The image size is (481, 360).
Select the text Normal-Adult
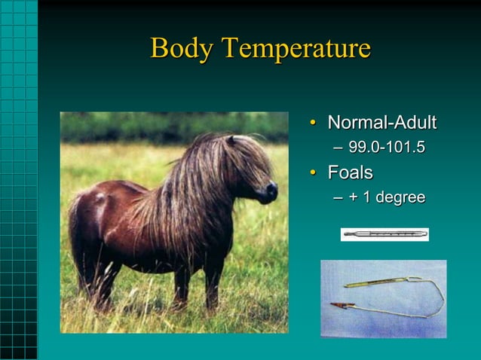pyautogui.click(x=381, y=123)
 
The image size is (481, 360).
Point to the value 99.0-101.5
pyautogui.click(x=387, y=148)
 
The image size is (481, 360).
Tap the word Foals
pyautogui.click(x=350, y=172)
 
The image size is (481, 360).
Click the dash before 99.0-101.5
pyautogui.click(x=338, y=148)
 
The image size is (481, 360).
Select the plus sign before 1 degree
pyautogui.click(x=354, y=198)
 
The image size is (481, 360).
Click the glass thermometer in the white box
pyautogui.click(x=384, y=234)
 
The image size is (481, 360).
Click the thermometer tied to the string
pyautogui.click(x=369, y=284)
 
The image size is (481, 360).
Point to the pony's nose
pyautogui.click(x=271, y=193)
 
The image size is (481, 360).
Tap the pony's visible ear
pyautogui.click(x=231, y=140)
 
